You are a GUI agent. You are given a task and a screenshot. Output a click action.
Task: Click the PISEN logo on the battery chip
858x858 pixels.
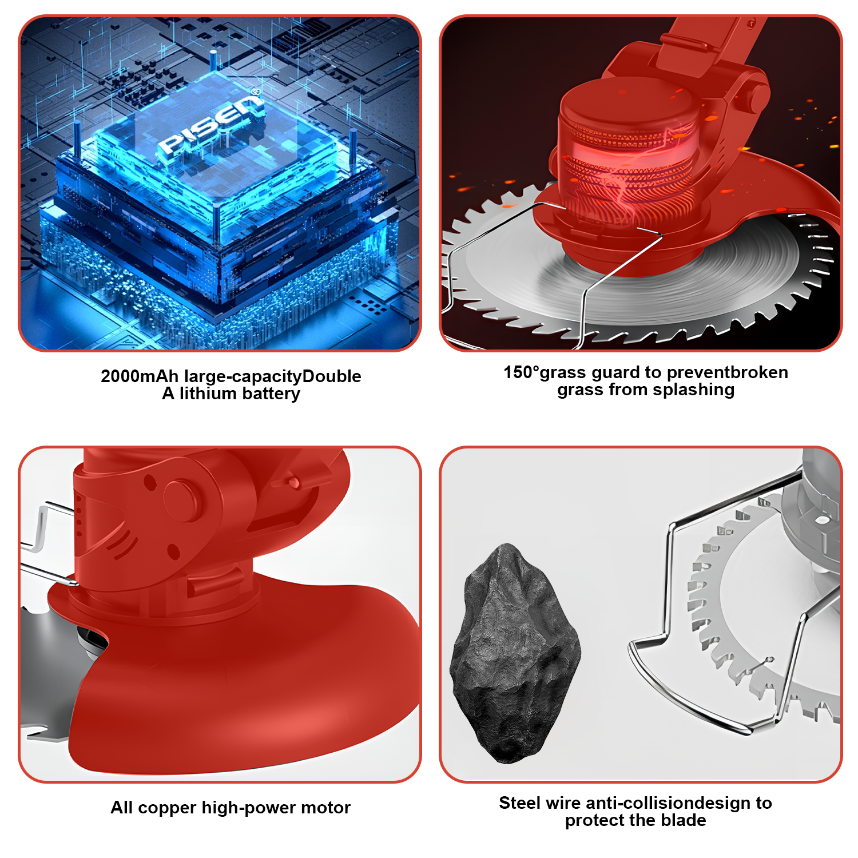point(210,126)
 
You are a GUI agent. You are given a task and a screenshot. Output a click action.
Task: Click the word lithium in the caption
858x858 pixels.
point(208,394)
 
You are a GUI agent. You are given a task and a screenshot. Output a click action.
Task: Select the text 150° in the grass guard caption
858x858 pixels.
point(522,372)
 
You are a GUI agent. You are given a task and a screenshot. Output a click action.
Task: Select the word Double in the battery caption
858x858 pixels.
point(331,376)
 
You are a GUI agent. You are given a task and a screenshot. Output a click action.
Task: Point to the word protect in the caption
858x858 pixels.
point(593,821)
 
